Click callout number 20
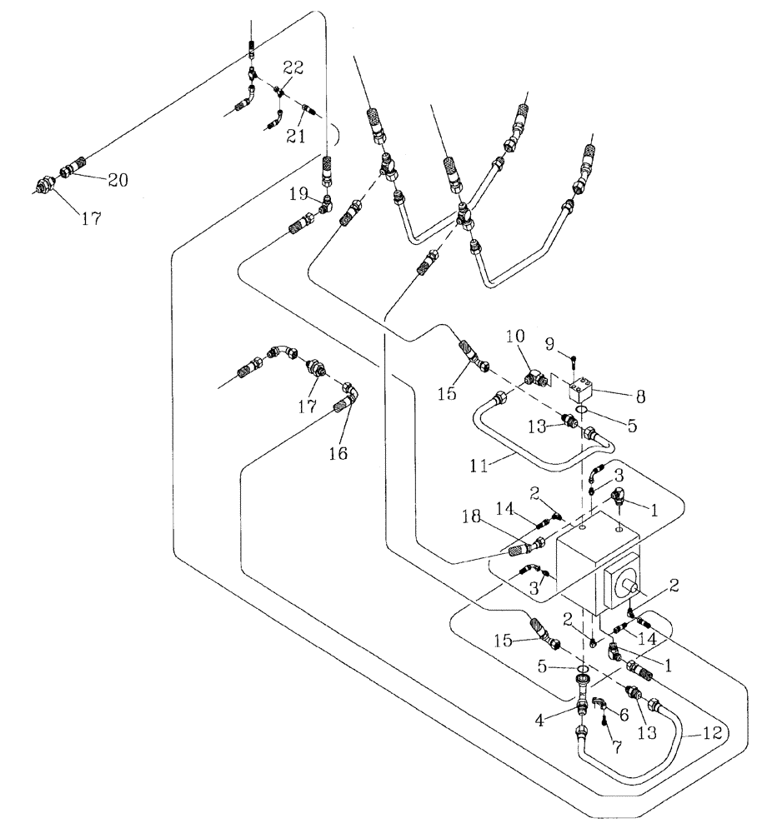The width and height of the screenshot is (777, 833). (x=117, y=179)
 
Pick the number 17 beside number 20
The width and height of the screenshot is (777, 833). (x=91, y=220)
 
